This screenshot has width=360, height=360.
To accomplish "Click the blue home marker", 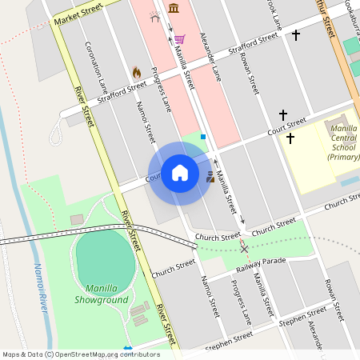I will [180, 173].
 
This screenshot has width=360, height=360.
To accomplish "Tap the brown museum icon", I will [174, 9].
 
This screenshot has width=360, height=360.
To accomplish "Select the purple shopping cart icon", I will [180, 38].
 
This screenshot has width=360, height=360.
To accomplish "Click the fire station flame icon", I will [136, 72].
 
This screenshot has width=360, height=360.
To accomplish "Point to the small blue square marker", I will [203, 137].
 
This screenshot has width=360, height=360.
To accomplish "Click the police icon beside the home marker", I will [210, 177].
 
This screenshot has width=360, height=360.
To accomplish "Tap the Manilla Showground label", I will [102, 294].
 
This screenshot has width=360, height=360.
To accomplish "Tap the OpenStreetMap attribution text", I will [80, 354].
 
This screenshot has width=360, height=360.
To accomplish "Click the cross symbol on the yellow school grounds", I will [290, 138].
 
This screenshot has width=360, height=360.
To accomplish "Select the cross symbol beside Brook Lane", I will [295, 35].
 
